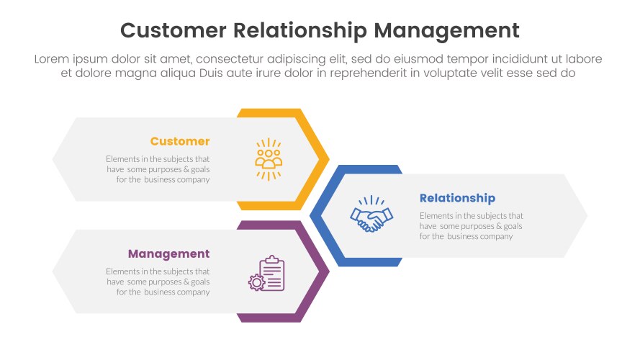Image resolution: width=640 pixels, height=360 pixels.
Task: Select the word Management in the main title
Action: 446,30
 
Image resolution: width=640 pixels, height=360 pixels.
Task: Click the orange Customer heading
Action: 180,141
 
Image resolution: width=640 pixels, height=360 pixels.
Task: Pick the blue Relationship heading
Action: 457,198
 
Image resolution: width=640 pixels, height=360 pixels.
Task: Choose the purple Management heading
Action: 168,253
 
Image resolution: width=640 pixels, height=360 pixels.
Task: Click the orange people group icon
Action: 269,158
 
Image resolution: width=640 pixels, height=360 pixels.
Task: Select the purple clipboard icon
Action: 271,274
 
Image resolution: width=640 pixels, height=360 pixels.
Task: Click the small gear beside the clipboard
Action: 256,282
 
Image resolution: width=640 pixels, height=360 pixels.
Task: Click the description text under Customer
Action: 158,169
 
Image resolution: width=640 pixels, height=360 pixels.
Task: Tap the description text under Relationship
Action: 472,226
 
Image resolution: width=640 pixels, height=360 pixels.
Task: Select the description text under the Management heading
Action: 158,282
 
